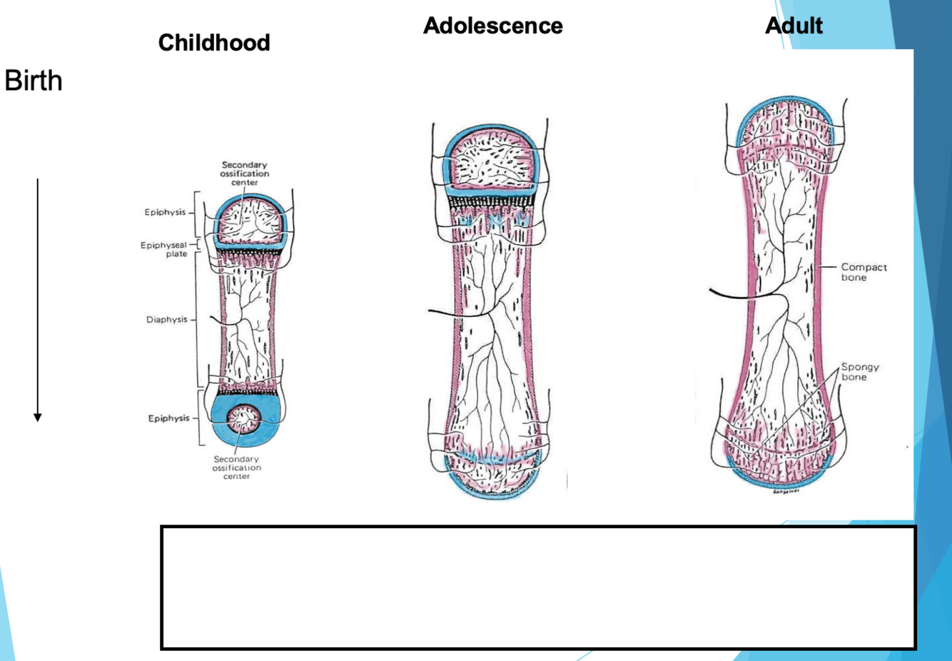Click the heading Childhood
pyautogui.click(x=214, y=43)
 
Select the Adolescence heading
pyautogui.click(x=492, y=26)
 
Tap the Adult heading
pyautogui.click(x=794, y=26)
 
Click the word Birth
pyautogui.click(x=34, y=81)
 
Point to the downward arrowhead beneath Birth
pyautogui.click(x=38, y=417)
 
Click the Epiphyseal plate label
pyautogui.click(x=165, y=249)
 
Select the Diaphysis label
pyautogui.click(x=167, y=320)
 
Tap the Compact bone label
pyautogui.click(x=864, y=272)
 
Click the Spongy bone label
pyautogui.click(x=859, y=372)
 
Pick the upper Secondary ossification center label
pyautogui.click(x=244, y=173)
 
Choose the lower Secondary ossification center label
pyautogui.click(x=237, y=468)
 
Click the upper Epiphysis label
pyautogui.click(x=165, y=212)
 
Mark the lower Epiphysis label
pyautogui.click(x=168, y=418)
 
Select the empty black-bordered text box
pyautogui.click(x=538, y=587)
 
